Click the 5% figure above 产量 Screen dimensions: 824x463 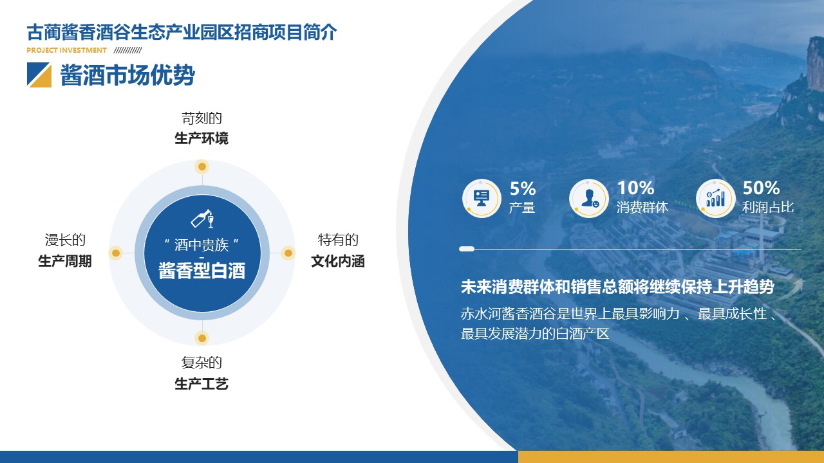(523, 189)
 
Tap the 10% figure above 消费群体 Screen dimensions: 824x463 (635, 188)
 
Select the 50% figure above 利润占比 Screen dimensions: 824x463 (761, 188)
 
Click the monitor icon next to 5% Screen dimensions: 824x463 (482, 199)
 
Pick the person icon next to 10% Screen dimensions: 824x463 (590, 199)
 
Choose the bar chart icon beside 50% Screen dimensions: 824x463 (715, 199)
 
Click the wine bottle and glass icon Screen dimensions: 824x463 (202, 219)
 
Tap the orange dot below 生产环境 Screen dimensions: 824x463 (202, 167)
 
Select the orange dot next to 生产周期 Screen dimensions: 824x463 (116, 253)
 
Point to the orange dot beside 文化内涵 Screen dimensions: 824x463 (288, 253)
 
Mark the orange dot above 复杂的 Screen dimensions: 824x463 (202, 338)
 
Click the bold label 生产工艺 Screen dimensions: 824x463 (201, 384)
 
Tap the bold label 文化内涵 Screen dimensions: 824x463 (338, 261)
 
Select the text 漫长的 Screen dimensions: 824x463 (65, 240)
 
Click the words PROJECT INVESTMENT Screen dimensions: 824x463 (66, 50)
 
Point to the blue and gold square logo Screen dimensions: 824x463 (39, 75)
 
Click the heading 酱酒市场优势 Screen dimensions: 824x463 (127, 75)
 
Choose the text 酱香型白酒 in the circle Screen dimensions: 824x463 (202, 271)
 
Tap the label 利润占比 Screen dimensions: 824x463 (768, 207)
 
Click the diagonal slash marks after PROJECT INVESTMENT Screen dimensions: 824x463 (127, 50)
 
